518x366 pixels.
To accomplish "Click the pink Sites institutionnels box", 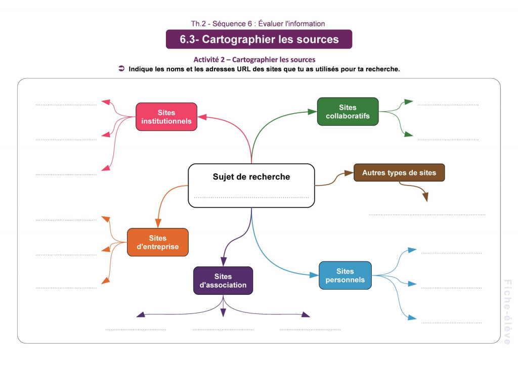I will [x=166, y=117].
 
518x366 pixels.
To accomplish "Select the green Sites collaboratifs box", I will [x=348, y=112].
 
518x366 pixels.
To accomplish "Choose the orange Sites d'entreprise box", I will [x=157, y=242].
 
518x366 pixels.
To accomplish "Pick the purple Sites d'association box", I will [x=223, y=281].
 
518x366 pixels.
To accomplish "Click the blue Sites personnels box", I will [x=345, y=276].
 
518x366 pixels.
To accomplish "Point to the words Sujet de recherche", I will [x=251, y=177].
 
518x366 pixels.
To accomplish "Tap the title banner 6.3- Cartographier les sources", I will [x=259, y=39].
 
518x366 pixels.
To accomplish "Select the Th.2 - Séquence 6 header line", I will [x=258, y=23].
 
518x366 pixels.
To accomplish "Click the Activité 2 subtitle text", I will [x=254, y=60].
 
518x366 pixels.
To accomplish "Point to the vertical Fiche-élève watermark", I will [x=507, y=312].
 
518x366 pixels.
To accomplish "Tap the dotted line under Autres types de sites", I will [x=427, y=215].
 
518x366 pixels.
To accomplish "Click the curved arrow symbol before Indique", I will [x=121, y=69].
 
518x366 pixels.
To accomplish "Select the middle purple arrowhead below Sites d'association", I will [x=223, y=312].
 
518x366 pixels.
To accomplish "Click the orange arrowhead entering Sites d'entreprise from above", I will [x=158, y=223].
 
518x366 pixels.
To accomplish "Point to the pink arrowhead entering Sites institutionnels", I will [x=202, y=117].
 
